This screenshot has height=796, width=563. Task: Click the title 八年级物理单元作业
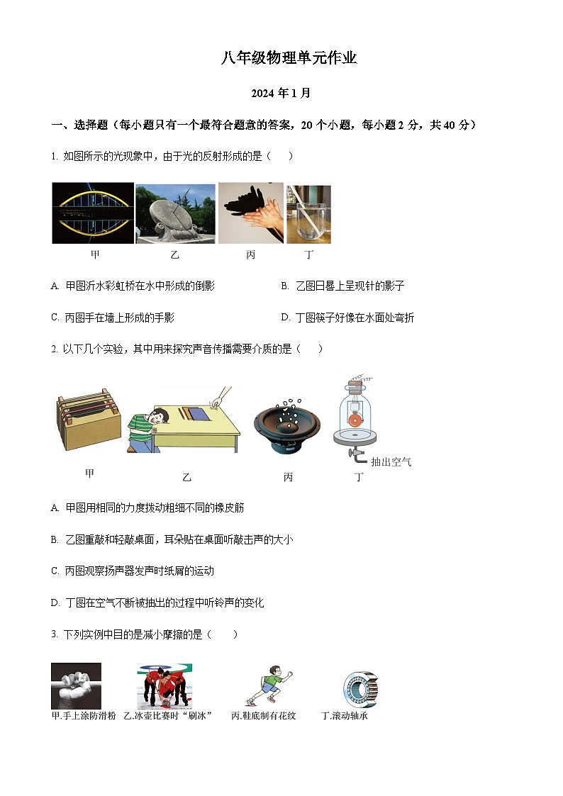pos(289,59)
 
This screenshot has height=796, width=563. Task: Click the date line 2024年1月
pos(281,93)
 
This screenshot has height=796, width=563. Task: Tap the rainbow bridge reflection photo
pos(93,213)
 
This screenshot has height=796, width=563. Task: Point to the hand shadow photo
pos(250,213)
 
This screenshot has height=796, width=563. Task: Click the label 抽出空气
pos(391,462)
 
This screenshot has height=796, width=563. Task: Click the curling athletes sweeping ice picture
pos(165,686)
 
